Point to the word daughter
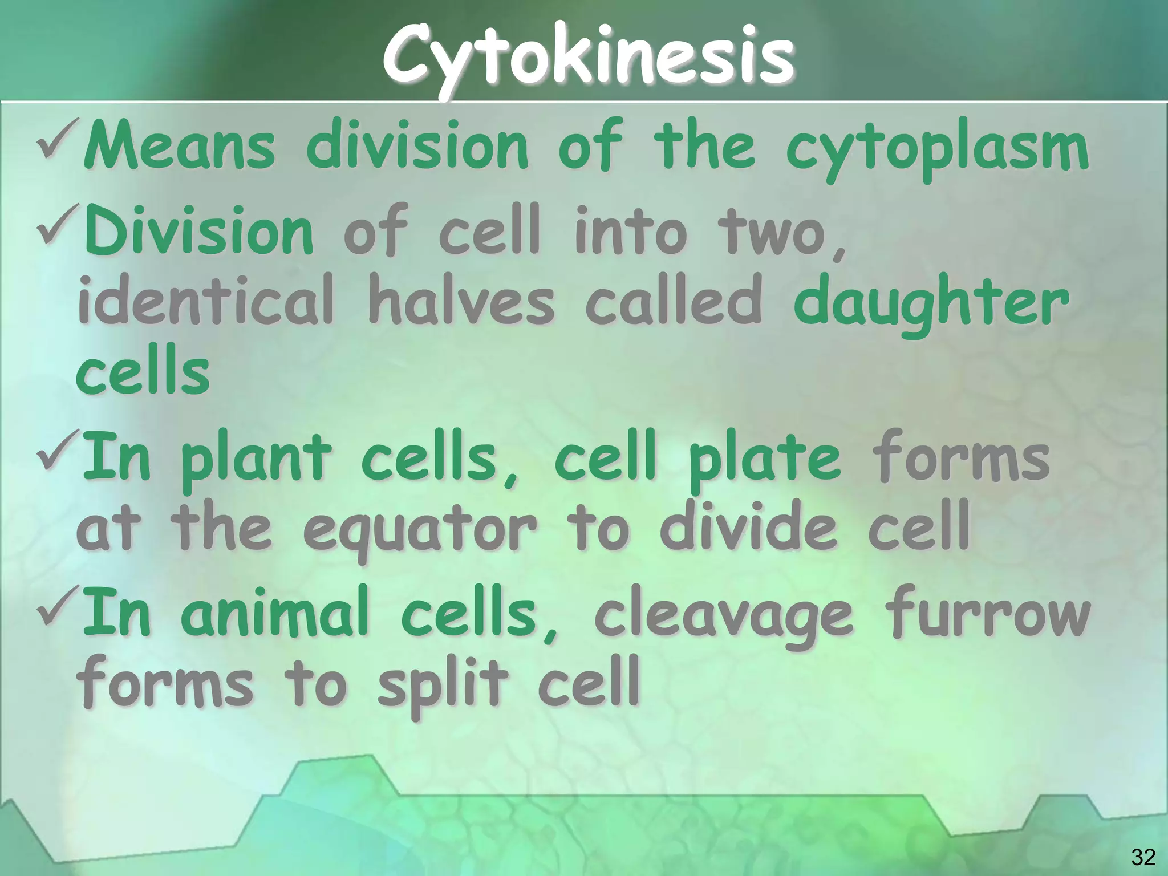[931, 303]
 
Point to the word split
[443, 684]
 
